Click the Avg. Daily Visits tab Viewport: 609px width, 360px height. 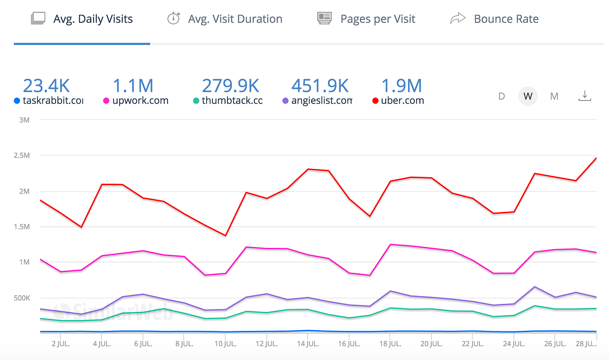point(93,19)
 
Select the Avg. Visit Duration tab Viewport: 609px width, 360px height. point(235,19)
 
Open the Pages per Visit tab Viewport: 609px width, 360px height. point(378,19)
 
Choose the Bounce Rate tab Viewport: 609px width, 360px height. point(506,19)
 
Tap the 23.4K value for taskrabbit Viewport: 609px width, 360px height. point(46,86)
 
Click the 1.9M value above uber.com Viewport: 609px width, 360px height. point(402,86)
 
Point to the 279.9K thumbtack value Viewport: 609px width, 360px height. point(231,86)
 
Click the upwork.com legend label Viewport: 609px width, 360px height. point(141,101)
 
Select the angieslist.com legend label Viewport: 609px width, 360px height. point(321,101)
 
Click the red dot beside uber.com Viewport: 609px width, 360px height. point(375,101)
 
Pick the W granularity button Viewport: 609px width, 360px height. point(528,96)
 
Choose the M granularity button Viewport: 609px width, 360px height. point(554,96)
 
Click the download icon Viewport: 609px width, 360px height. point(585,96)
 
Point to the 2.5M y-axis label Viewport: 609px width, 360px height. point(22,155)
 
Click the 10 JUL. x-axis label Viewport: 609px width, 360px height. point(225,343)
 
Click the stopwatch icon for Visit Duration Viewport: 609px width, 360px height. point(174,19)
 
